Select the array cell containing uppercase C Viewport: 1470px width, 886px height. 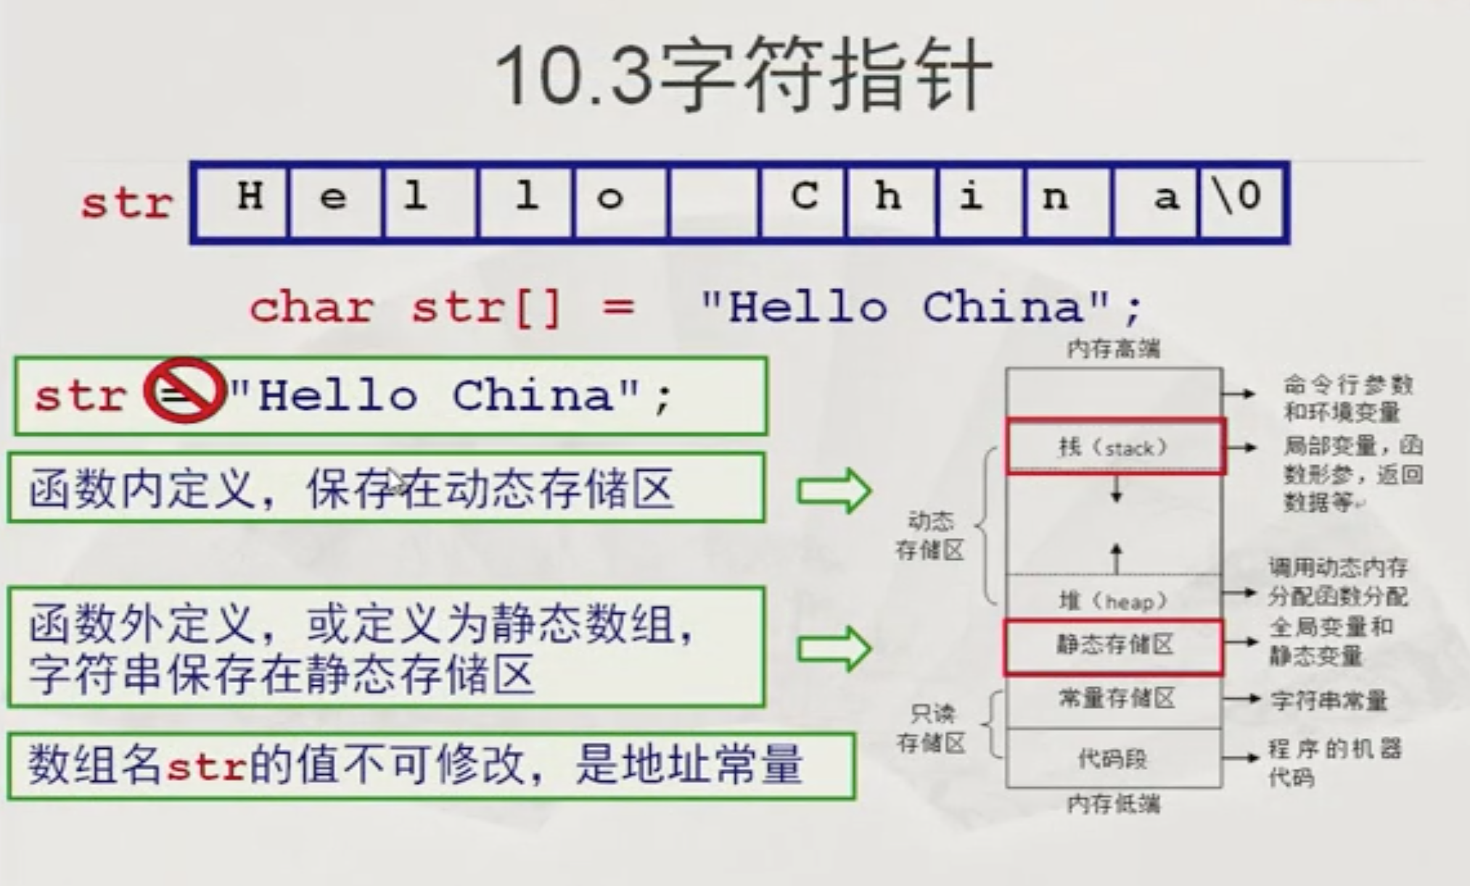(804, 202)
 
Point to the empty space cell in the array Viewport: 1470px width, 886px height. (714, 202)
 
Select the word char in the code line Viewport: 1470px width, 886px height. (311, 307)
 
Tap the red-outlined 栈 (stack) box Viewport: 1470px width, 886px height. (1115, 447)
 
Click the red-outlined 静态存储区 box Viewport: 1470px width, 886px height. (1114, 645)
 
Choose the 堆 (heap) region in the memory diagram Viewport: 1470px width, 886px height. (1114, 600)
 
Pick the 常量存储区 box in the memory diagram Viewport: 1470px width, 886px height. (1115, 700)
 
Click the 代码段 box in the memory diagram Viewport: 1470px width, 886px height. (1114, 758)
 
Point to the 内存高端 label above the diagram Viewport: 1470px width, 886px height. (1114, 349)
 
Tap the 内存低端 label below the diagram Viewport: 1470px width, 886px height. (1114, 803)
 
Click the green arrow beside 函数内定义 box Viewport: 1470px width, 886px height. (834, 491)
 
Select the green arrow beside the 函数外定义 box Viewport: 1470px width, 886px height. (834, 647)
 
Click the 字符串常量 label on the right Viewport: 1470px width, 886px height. (1329, 700)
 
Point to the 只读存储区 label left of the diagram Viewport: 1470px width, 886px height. (931, 728)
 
